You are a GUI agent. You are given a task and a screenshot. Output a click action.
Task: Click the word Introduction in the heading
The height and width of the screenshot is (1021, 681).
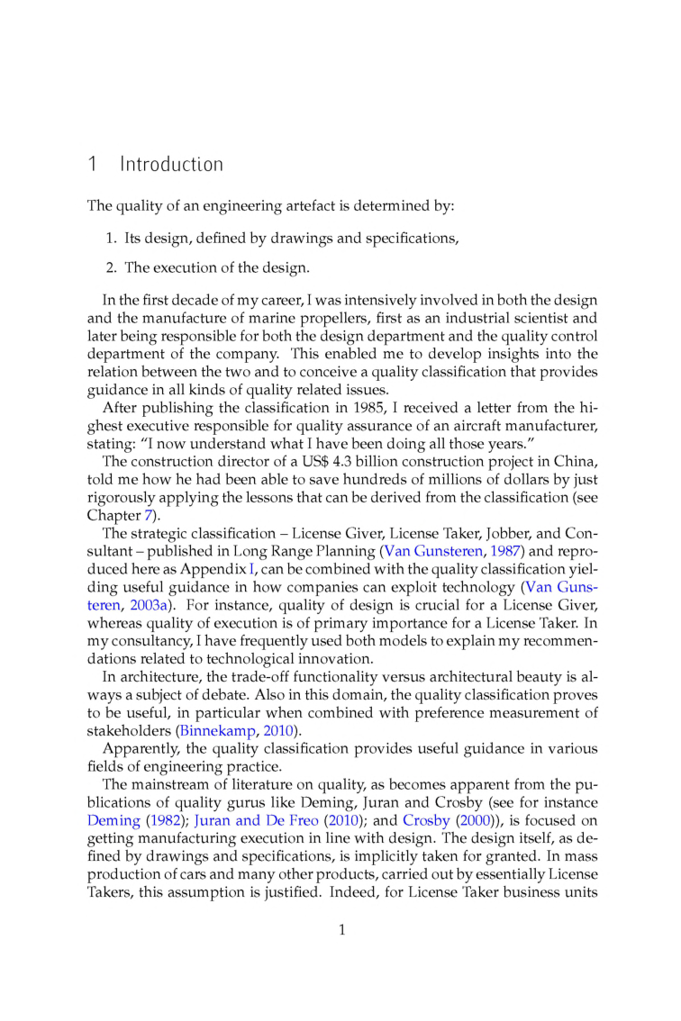click(x=171, y=165)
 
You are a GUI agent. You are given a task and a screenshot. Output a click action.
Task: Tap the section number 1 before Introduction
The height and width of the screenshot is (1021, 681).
click(x=92, y=165)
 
